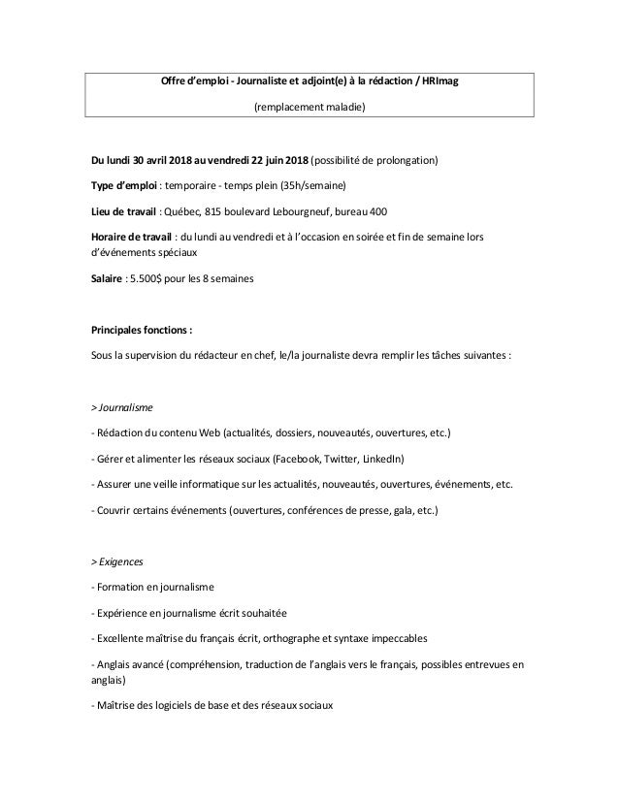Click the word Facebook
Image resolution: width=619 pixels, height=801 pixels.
tap(299, 458)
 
